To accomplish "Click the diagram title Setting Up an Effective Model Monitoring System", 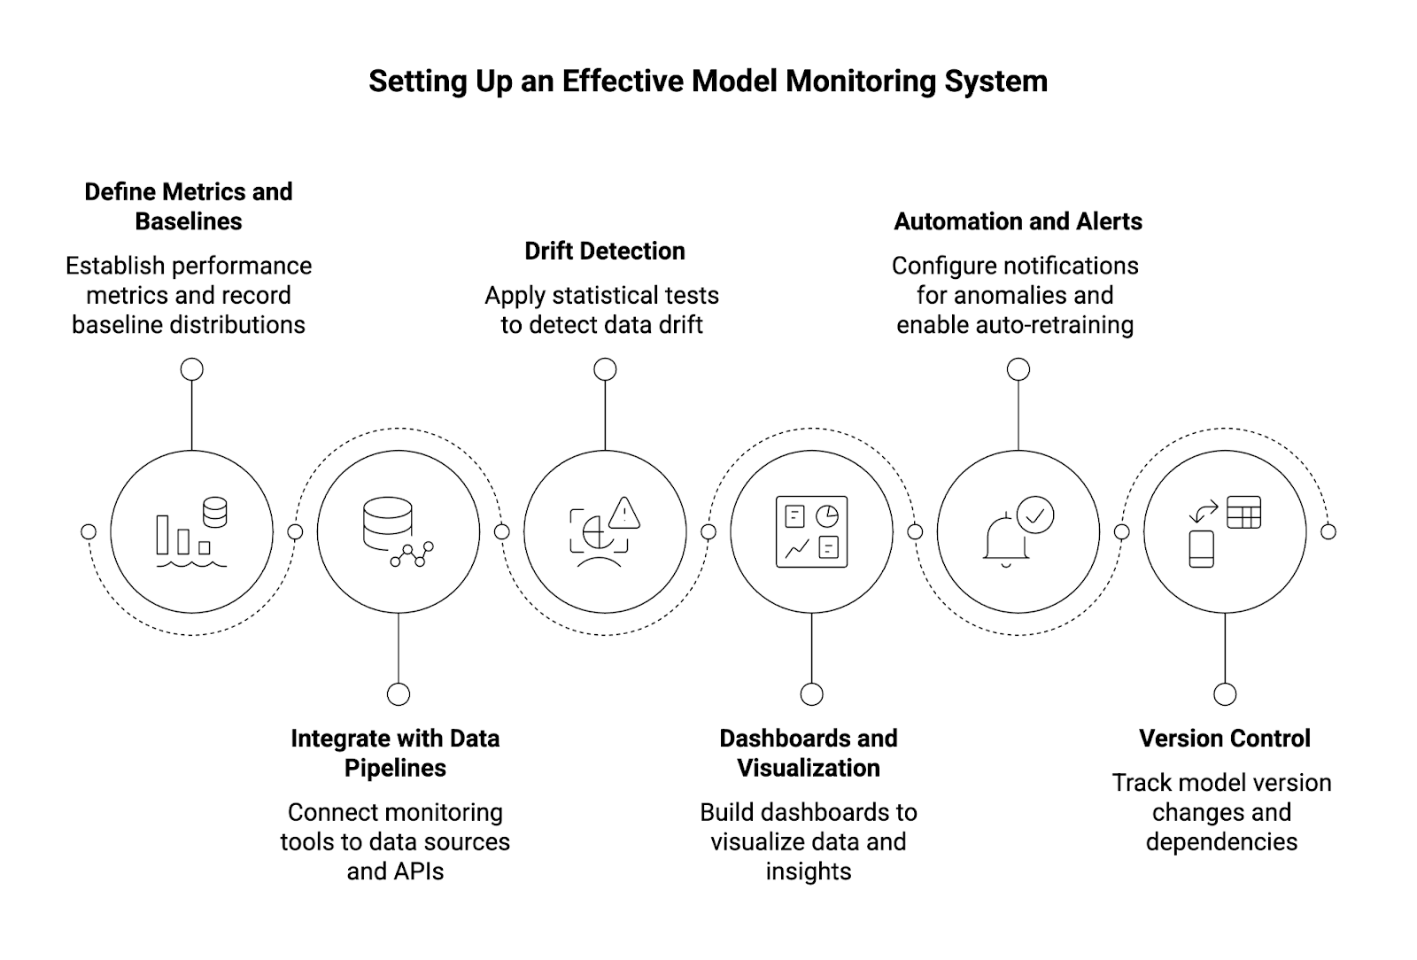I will coord(708,81).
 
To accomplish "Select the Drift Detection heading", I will coord(605,252).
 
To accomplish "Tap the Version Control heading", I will coord(1224,739).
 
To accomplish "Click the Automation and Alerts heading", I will coord(1018,221).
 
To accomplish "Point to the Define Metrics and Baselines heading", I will coord(189,206).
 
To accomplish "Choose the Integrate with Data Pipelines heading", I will coord(395,753).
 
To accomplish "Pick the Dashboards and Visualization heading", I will coord(809,753).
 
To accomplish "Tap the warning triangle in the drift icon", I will coord(625,513).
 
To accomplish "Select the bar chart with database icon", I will coord(191,532).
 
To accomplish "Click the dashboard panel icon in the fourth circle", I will coord(811,531).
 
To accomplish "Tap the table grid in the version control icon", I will coord(1243,512).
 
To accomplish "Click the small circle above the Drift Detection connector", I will coord(605,369).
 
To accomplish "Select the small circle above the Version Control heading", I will coord(1225,694).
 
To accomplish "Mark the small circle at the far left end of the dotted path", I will coord(89,531).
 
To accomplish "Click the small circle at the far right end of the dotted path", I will coord(1328,531).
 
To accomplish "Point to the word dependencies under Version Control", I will coord(1221,842).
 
